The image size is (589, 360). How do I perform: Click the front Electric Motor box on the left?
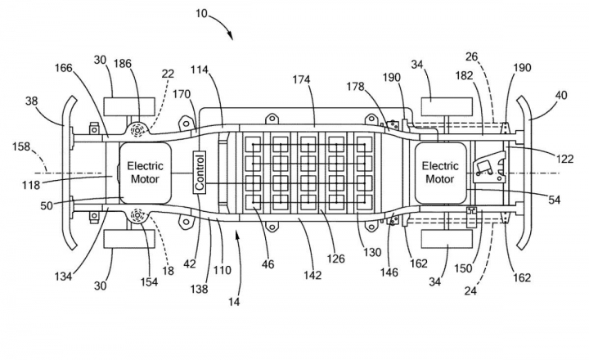(146, 173)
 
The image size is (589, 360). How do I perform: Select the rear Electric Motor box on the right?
(440, 173)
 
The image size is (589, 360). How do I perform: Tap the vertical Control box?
(200, 173)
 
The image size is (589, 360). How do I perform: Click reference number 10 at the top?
(201, 14)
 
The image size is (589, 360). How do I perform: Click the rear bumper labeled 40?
(525, 173)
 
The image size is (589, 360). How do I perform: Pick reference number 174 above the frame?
(301, 79)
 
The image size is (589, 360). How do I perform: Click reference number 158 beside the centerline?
(21, 146)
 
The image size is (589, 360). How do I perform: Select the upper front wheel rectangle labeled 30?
(129, 106)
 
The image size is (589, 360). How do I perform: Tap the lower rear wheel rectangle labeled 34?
(447, 239)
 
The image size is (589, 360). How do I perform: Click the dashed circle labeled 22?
(138, 130)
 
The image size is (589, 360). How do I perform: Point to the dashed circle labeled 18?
(138, 217)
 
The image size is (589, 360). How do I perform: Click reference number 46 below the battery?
(268, 264)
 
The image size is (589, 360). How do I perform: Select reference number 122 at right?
(564, 159)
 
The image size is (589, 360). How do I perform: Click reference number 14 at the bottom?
(234, 301)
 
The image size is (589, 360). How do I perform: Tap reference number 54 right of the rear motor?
(554, 200)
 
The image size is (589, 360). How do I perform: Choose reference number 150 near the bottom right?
(463, 268)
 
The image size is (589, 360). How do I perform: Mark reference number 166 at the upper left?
(64, 68)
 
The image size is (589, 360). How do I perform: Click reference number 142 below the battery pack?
(312, 275)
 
